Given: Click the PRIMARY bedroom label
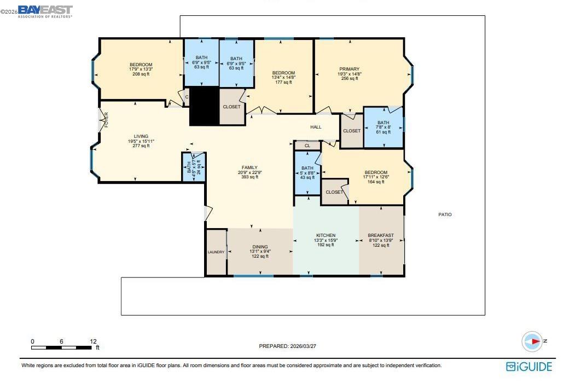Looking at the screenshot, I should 349,69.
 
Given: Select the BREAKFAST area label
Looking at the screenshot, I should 381,235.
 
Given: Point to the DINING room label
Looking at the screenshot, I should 260,247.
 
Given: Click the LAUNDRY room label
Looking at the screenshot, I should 216,252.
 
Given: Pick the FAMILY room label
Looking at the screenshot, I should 249,167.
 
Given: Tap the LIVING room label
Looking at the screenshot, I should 141,136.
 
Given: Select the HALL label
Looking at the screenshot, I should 316,127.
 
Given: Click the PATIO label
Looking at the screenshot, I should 445,214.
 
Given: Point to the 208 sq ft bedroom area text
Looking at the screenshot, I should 141,74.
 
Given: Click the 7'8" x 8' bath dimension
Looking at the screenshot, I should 383,127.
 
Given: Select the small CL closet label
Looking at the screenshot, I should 307,146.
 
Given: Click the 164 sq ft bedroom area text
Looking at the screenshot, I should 375,182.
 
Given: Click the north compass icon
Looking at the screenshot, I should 532,341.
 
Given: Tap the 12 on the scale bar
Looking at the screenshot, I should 93,341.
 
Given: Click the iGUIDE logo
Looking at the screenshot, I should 529,367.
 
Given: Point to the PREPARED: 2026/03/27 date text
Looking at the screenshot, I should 288,346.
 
